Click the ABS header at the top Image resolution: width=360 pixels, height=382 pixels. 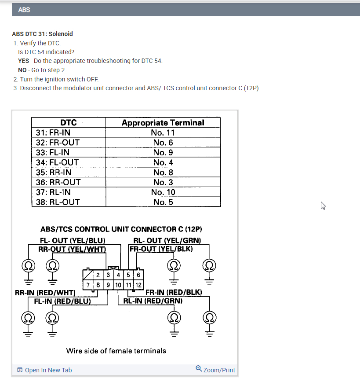[24, 9]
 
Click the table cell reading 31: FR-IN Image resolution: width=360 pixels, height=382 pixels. [53, 132]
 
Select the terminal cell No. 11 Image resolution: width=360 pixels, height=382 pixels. [163, 132]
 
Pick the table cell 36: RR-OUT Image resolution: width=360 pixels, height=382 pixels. [58, 182]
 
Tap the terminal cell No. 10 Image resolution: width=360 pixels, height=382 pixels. [163, 192]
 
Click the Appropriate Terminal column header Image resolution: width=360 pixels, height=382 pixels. [163, 123]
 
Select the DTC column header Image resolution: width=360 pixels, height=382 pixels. [68, 123]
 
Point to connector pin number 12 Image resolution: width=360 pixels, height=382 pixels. [138, 285]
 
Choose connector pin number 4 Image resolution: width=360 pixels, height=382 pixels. [118, 275]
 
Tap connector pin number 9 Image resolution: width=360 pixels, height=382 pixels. [108, 285]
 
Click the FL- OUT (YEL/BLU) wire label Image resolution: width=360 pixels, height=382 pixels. [73, 241]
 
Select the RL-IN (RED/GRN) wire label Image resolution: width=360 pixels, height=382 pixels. [153, 301]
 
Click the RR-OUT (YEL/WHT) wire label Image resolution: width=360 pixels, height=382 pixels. [73, 249]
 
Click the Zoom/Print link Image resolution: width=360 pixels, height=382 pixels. [215, 370]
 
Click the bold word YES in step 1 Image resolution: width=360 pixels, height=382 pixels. [24, 61]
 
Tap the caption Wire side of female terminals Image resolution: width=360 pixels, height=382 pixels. [116, 351]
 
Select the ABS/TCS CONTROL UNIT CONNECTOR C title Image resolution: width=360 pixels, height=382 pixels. [121, 229]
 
